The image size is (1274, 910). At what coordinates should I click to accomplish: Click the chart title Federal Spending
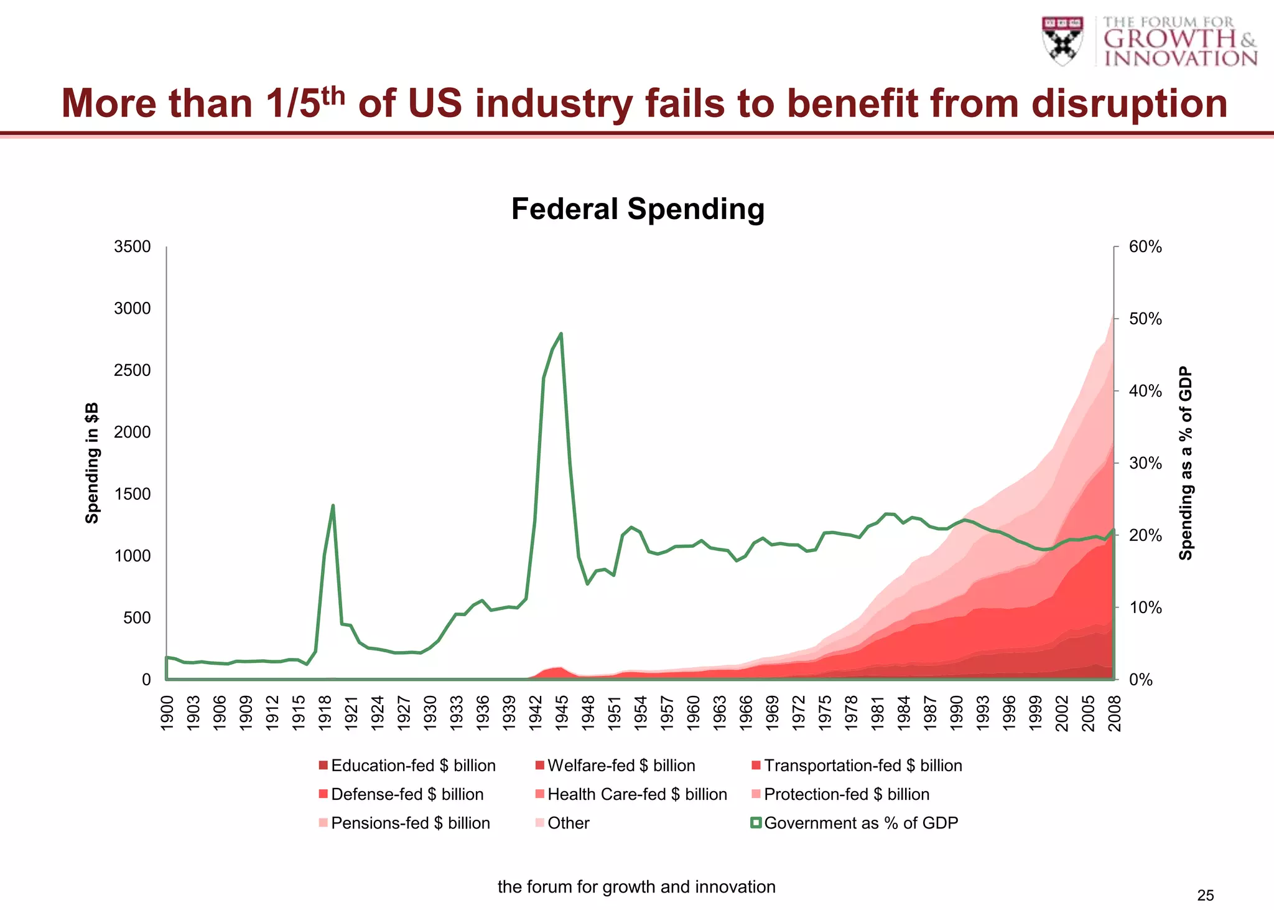click(x=638, y=209)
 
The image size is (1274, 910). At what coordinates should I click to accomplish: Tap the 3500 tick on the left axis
click(x=132, y=247)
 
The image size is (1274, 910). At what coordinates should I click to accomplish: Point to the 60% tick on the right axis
click(x=1145, y=247)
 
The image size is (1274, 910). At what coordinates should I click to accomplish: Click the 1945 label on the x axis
click(x=562, y=713)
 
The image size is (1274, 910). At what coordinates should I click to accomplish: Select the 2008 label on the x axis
click(x=1115, y=713)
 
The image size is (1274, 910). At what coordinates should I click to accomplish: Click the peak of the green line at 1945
click(x=561, y=334)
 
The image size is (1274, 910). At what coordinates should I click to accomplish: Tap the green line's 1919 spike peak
click(x=333, y=505)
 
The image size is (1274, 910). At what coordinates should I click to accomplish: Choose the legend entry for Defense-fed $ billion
click(x=407, y=794)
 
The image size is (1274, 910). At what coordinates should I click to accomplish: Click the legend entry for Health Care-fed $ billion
click(x=636, y=794)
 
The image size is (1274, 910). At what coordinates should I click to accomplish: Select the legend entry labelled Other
click(x=567, y=823)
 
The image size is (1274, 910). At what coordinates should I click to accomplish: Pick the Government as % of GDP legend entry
click(x=860, y=823)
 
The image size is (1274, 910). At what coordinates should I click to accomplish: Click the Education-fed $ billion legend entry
click(x=412, y=766)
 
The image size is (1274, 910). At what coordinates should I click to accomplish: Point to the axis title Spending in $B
click(x=92, y=463)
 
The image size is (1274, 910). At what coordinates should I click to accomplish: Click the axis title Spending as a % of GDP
click(x=1186, y=463)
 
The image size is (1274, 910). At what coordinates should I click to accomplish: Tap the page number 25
click(x=1205, y=896)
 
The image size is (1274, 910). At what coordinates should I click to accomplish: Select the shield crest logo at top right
click(x=1062, y=40)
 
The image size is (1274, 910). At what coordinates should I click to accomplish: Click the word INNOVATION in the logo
click(x=1181, y=59)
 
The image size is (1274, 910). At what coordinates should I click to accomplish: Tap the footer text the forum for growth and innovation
click(x=636, y=887)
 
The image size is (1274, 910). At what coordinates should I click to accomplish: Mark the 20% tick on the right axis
click(x=1145, y=535)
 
